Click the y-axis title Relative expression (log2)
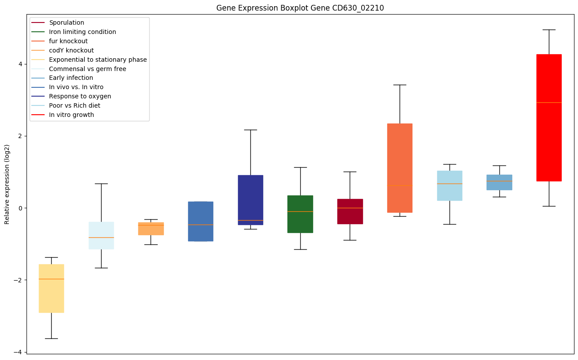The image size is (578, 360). point(7,184)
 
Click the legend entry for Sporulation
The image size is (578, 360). point(66,22)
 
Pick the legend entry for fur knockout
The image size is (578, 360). point(68,41)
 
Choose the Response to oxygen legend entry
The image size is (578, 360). point(80,96)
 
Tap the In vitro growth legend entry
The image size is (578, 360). point(72,115)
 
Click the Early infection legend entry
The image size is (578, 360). point(71,78)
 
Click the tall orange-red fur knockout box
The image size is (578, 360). point(400,168)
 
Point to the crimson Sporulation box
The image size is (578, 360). point(350,211)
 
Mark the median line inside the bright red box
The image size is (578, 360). point(549,102)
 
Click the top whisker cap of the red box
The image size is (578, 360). point(549,30)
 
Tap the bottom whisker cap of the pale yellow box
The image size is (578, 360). point(51,338)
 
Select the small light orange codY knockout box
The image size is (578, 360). point(151,229)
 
